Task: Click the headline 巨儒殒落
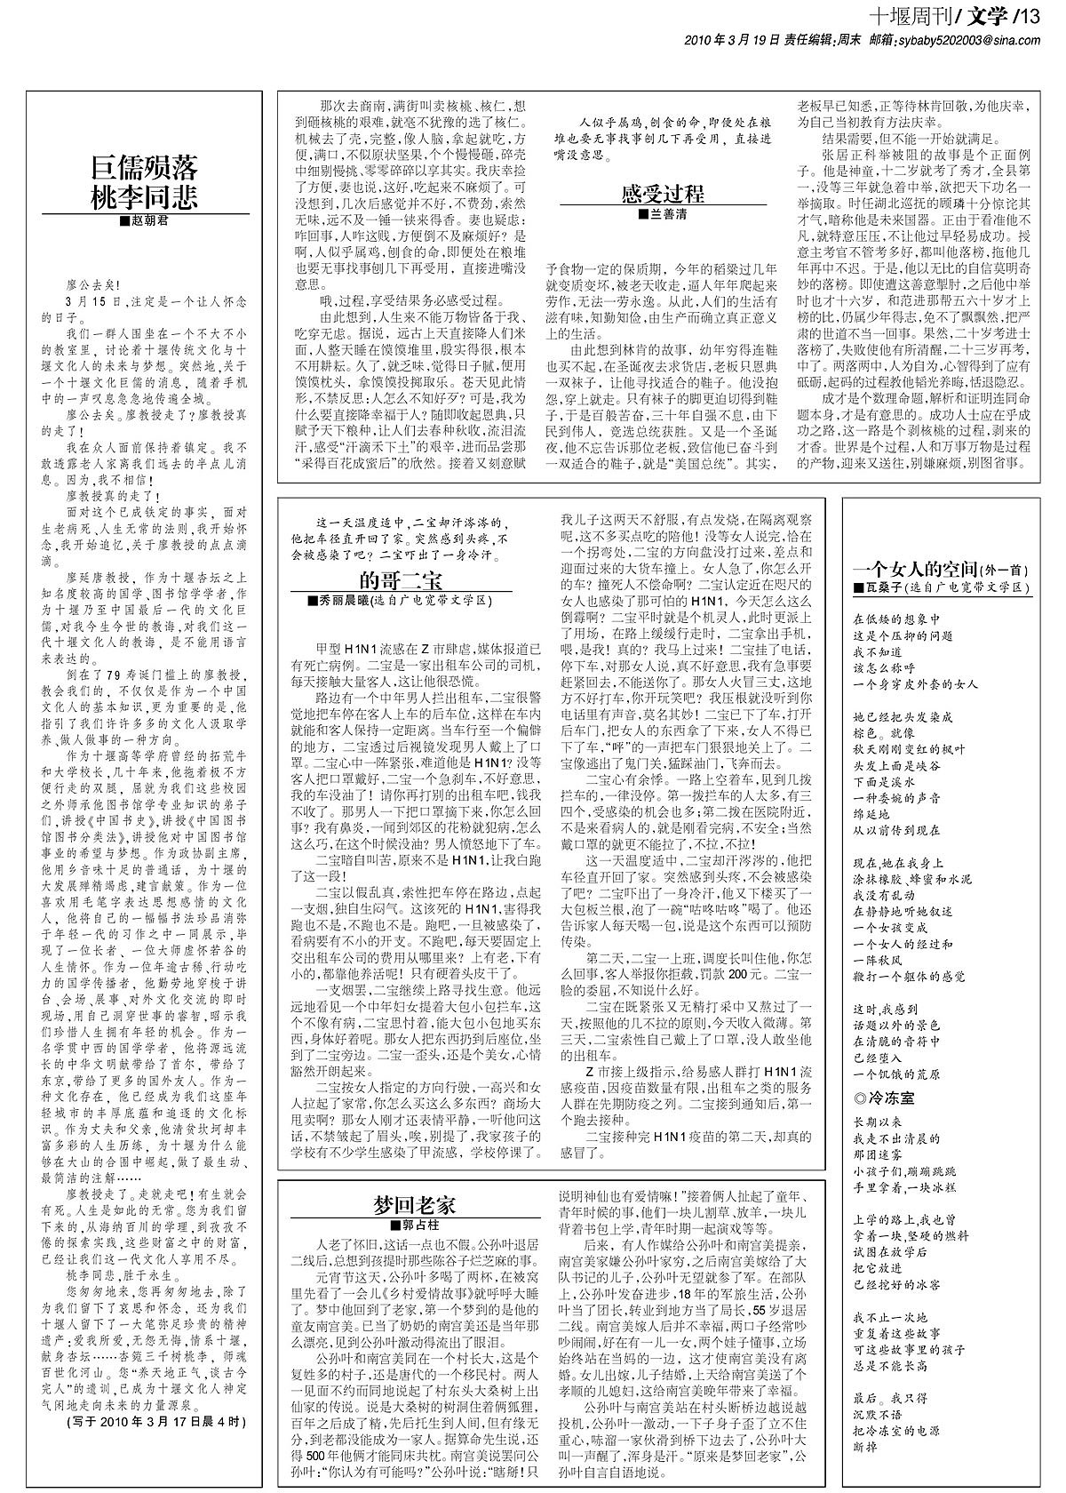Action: (x=145, y=167)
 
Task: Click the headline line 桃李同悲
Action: (x=145, y=197)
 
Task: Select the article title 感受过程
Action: (x=662, y=195)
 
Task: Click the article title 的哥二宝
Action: (x=401, y=580)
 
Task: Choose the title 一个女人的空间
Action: (x=915, y=570)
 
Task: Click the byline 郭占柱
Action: (x=414, y=1225)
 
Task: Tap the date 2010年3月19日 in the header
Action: (x=732, y=39)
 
